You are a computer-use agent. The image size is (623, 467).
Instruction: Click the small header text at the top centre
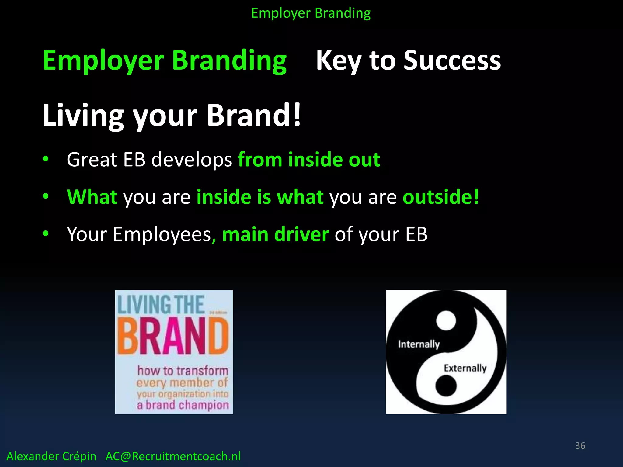[x=311, y=13]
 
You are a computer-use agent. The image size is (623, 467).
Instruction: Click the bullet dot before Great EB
[x=46, y=159]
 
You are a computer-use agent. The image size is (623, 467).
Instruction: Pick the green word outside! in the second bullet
[x=441, y=197]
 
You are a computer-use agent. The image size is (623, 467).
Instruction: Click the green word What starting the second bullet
[x=92, y=197]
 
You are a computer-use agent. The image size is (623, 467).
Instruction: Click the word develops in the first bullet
[x=192, y=160]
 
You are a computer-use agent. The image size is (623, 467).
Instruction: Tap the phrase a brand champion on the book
[x=183, y=405]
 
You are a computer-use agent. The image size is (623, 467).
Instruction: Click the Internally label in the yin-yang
[x=419, y=344]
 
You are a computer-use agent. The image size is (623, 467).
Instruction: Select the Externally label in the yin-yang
[x=465, y=368]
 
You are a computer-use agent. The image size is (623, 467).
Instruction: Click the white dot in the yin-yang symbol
[x=446, y=320]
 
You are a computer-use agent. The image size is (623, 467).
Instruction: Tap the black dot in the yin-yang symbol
[x=446, y=386]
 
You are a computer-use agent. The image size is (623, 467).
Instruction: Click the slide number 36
[x=580, y=446]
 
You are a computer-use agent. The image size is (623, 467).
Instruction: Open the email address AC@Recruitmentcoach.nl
[x=173, y=456]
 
